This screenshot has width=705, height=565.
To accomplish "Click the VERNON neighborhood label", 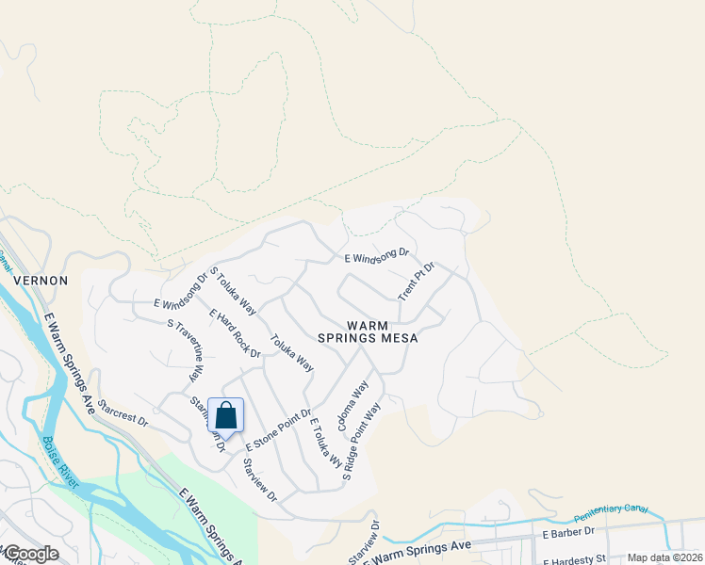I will [40, 281].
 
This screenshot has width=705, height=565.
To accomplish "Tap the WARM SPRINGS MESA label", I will [381, 331].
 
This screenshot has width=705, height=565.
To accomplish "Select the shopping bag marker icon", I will [226, 415].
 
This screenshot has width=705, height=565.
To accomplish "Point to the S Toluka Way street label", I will [233, 291].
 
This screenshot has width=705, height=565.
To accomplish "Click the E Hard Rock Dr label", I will [235, 333].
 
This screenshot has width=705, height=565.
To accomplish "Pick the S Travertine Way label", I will [185, 349].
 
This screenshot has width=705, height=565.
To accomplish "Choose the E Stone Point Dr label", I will [278, 429].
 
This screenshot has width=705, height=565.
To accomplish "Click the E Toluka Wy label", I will [326, 443].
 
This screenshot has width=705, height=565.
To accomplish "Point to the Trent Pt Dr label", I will [416, 282].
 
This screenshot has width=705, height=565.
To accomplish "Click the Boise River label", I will [59, 461].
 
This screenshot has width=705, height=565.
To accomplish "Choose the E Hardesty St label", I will [572, 559].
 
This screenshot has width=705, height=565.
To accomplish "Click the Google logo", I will [30, 554].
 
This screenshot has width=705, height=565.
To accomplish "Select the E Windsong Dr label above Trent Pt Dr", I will [376, 255].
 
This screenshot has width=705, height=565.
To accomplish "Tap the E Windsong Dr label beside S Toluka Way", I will [181, 291].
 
